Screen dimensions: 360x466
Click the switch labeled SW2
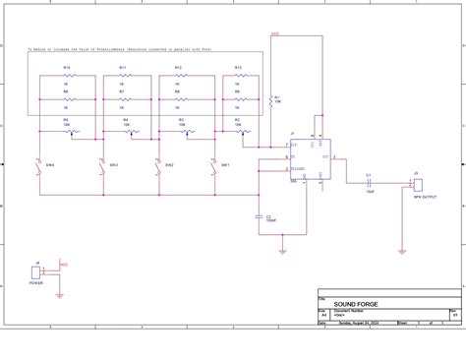[101, 165]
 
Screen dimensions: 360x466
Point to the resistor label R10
[66, 67]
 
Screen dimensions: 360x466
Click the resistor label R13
[238, 67]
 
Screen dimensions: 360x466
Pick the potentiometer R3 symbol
[181, 132]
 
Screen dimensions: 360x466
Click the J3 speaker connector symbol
[416, 181]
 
